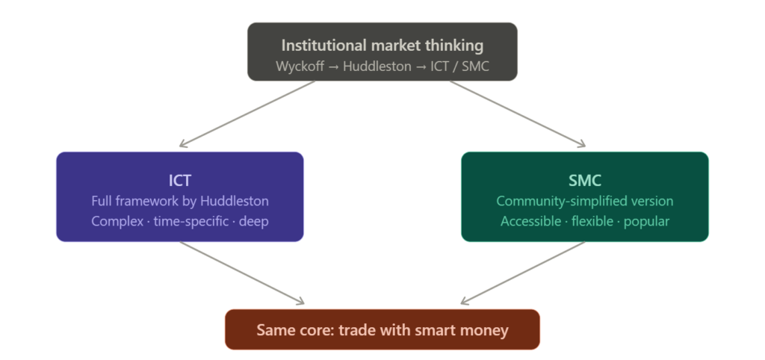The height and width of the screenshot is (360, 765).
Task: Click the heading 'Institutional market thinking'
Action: pos(382,45)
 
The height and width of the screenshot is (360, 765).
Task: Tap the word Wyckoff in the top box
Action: pos(299,66)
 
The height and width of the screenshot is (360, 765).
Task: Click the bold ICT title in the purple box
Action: pos(180,181)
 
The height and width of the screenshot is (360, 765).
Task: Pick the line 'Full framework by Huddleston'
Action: pos(180,202)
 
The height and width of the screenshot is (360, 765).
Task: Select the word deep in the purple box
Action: pos(254,222)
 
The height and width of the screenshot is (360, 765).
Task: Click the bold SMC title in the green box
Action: pos(585,181)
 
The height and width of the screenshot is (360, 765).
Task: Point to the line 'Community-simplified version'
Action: pos(585,202)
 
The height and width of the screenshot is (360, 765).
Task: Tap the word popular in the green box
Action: pos(647,222)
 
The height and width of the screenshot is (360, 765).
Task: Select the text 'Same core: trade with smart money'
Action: pos(382,329)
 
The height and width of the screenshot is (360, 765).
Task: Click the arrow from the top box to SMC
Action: pos(518,114)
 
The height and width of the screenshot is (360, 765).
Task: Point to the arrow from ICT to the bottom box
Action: pos(243,273)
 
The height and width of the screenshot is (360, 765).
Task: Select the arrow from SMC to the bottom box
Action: pos(523,273)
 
